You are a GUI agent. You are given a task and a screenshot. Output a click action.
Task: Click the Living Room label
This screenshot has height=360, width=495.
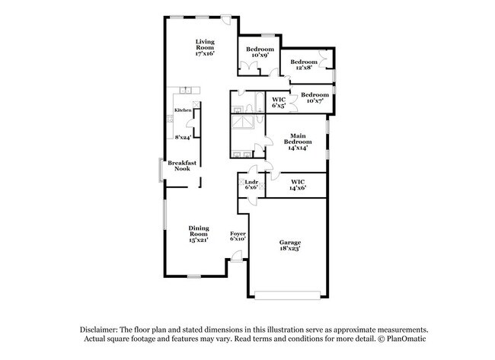(205, 47)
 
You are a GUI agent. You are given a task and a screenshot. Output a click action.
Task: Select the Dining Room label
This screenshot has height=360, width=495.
(200, 233)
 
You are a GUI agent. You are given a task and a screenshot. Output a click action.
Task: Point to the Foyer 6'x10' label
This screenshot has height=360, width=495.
(238, 236)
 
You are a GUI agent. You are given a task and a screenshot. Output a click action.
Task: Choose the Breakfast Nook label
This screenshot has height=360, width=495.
(182, 165)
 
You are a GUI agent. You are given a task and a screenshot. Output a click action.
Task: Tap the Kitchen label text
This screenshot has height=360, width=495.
(183, 111)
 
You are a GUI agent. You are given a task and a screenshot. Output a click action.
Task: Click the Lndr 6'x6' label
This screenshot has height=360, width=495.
(251, 184)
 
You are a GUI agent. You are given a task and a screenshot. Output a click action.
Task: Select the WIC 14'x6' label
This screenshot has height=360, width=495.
(298, 184)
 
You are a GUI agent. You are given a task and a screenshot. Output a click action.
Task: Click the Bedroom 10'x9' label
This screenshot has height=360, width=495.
(259, 53)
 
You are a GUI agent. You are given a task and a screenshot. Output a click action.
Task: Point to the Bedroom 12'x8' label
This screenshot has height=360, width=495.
(303, 64)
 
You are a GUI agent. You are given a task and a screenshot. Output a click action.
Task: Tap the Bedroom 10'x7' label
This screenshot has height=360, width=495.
(313, 97)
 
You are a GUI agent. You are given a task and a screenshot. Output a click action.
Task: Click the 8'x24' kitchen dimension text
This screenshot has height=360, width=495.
(182, 138)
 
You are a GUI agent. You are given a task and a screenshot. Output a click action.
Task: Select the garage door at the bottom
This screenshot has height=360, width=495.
(289, 295)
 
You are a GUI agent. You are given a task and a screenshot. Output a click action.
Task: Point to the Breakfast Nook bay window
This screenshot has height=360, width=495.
(160, 170)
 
